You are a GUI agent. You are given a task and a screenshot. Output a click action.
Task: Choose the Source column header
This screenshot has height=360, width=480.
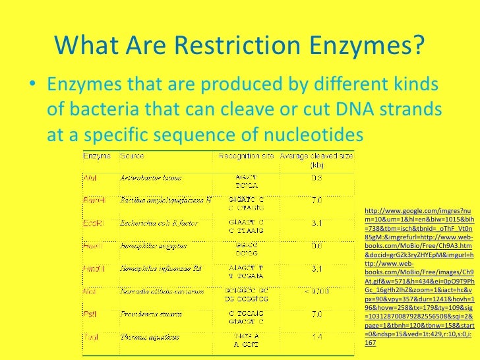132,157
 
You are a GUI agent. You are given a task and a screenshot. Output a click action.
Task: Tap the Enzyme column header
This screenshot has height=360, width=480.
97,157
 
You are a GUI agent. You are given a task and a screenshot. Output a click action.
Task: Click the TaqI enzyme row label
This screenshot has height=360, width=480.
91,337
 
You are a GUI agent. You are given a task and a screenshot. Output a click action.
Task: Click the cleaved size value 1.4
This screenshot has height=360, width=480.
316,337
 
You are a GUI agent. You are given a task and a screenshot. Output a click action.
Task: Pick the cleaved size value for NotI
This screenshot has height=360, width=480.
316,291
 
